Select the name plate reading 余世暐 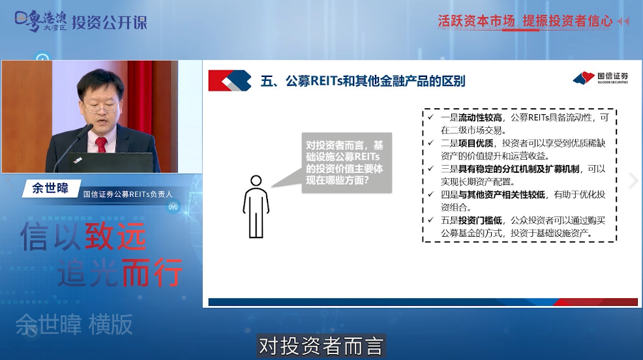coord(50,188)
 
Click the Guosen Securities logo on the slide coord(601,78)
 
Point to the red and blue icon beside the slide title coord(230,80)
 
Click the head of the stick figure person coord(256,181)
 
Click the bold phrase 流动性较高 coord(480,117)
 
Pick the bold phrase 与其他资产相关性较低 coord(501,194)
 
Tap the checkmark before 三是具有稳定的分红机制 coord(430,168)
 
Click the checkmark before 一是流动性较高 coord(430,117)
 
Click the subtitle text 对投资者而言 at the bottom coord(321,346)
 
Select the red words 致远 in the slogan coord(115,237)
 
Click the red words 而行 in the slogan coord(152,272)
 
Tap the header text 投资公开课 coord(109,22)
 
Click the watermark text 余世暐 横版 coord(74,325)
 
